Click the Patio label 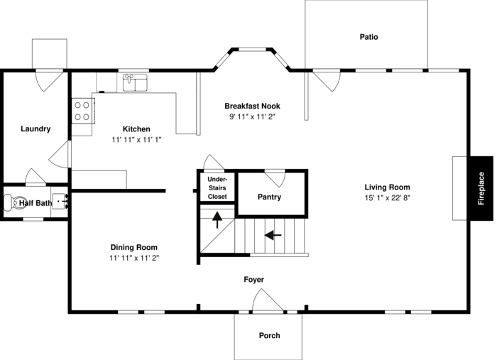point(368,37)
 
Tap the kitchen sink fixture point(135,82)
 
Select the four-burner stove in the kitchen point(83,111)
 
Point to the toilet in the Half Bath point(11,203)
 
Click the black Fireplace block point(481,188)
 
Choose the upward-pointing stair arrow point(217,219)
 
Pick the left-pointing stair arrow point(273,235)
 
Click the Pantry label point(269,197)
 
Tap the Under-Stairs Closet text point(217,188)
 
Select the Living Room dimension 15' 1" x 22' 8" point(388,198)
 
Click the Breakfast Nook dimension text point(252,116)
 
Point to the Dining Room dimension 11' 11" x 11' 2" point(134,258)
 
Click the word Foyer point(254,280)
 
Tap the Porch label point(269,335)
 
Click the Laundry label point(35,129)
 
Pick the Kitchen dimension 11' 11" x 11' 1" point(136,140)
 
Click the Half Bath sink point(60,201)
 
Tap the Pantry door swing point(275,179)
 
